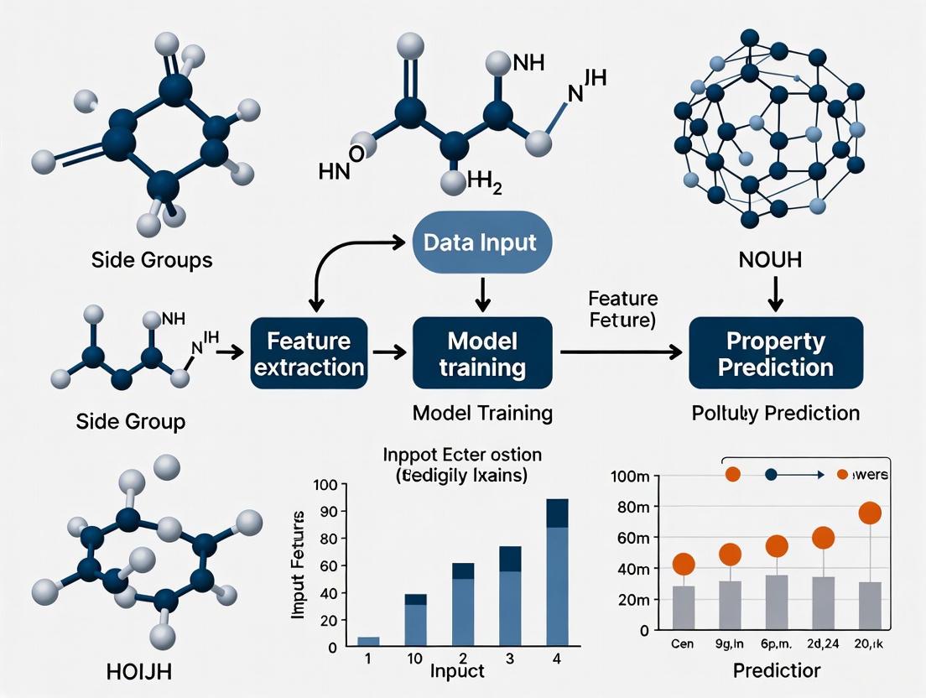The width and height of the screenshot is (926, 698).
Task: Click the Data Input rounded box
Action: tap(481, 243)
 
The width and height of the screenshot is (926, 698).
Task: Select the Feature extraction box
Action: tap(309, 353)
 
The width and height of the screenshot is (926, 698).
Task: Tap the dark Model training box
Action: tap(482, 353)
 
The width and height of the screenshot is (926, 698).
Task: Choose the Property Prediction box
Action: tap(776, 353)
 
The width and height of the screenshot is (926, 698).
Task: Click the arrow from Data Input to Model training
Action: tap(481, 293)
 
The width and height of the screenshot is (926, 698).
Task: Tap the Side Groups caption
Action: tap(151, 260)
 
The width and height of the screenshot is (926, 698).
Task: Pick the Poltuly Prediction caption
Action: tap(776, 413)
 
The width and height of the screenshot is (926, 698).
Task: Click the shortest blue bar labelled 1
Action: tap(369, 642)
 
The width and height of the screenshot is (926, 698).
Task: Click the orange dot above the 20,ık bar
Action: tap(869, 513)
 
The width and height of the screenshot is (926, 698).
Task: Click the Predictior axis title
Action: tap(776, 672)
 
